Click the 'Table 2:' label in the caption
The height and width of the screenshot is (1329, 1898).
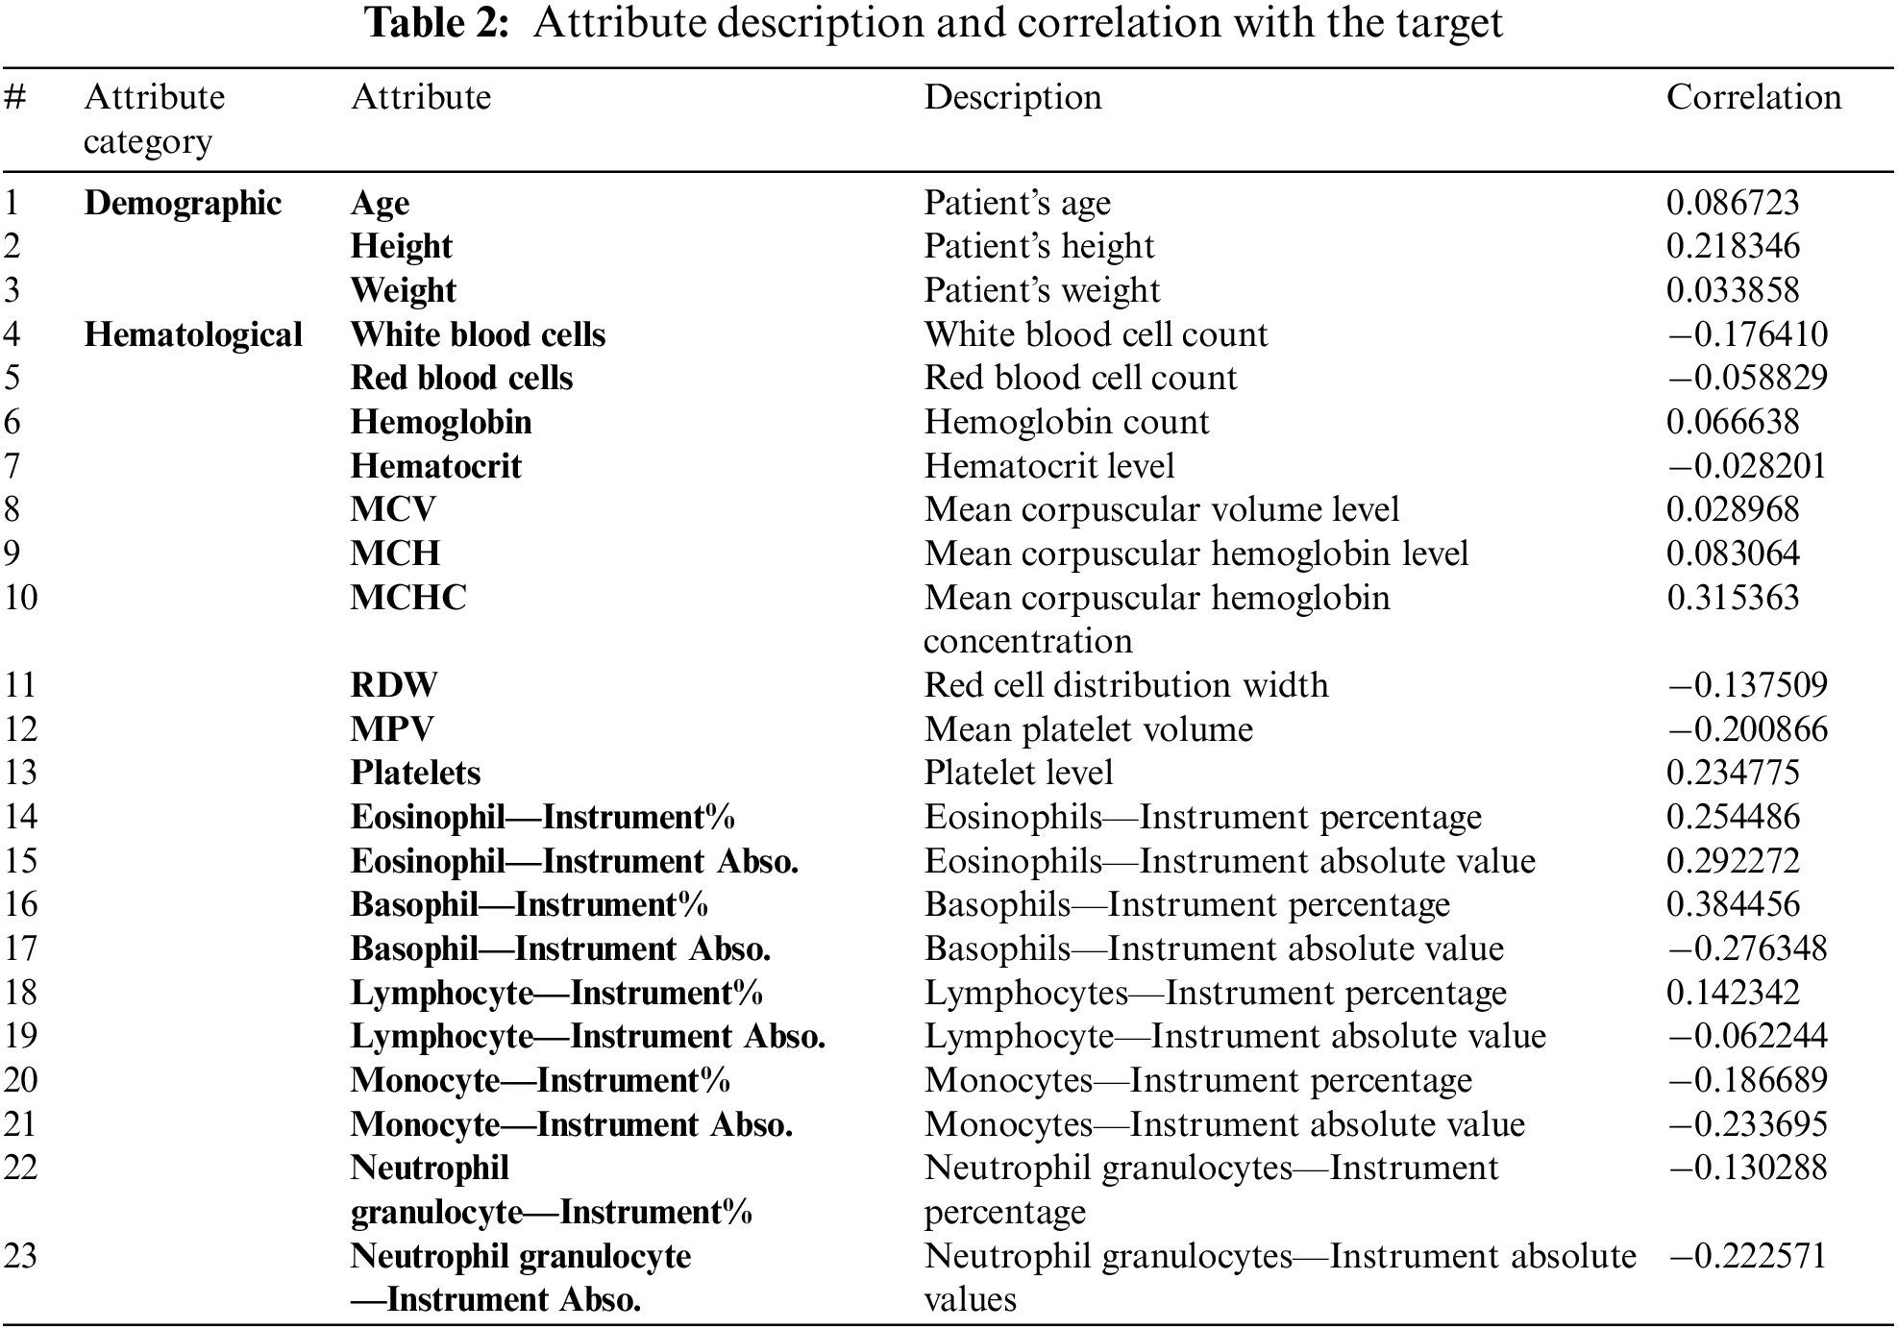(437, 23)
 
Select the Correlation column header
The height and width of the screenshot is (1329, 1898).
(1753, 97)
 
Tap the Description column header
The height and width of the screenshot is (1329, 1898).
(1013, 97)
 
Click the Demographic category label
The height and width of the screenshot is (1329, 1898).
(183, 203)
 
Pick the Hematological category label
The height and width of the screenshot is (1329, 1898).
(193, 334)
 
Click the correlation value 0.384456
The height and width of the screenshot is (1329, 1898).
(1733, 904)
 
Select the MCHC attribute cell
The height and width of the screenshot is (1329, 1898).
(408, 598)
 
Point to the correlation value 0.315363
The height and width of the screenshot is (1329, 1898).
(1733, 598)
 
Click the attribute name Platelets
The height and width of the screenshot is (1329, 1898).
(415, 773)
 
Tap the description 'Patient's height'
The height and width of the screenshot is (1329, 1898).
(1039, 246)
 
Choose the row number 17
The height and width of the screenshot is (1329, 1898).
(20, 948)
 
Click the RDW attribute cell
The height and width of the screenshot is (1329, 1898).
(394, 685)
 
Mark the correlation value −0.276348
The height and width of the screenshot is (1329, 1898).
(1747, 948)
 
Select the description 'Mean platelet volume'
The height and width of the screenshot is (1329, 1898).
(1089, 729)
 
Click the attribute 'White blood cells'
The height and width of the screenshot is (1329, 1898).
(478, 334)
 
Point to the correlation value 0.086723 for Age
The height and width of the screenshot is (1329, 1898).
(1733, 203)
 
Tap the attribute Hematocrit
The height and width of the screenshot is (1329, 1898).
(435, 466)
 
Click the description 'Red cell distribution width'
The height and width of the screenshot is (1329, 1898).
(1126, 685)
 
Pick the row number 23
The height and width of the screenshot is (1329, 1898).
(20, 1256)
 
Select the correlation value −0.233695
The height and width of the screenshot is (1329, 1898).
(1747, 1124)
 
